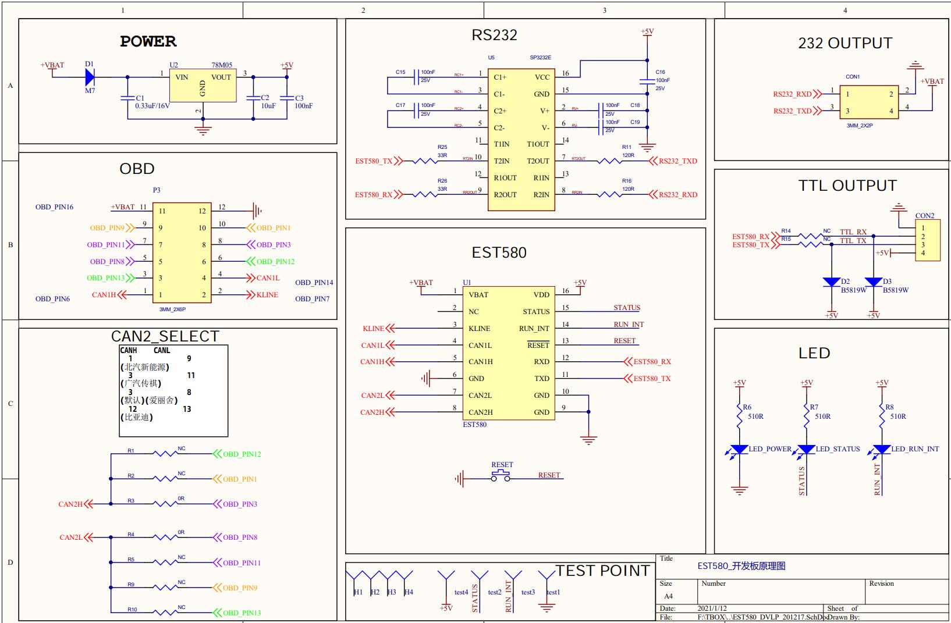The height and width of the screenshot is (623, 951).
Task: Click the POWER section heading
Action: (148, 41)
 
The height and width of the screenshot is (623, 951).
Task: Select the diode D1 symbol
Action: (90, 76)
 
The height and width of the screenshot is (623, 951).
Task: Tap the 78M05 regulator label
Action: (222, 65)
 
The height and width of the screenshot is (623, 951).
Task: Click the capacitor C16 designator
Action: (660, 72)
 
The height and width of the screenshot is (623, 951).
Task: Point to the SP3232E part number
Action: (540, 58)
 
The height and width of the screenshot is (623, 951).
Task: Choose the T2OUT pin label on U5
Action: (538, 161)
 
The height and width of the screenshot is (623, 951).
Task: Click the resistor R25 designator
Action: (442, 147)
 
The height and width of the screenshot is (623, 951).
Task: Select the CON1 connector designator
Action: (853, 77)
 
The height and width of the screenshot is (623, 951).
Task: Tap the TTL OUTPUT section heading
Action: (847, 186)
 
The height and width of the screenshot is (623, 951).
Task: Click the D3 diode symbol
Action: (874, 283)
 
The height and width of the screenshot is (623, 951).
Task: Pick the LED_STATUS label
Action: (838, 449)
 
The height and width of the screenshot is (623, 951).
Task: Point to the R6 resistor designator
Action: (747, 407)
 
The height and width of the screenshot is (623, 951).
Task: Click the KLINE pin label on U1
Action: (479, 329)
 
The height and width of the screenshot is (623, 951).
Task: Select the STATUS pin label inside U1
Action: (536, 312)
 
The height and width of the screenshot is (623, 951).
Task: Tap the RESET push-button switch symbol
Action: (501, 476)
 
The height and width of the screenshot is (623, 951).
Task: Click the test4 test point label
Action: (461, 592)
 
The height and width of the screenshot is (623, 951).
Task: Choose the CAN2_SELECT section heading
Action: (165, 337)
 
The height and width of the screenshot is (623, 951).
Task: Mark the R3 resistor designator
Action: (131, 500)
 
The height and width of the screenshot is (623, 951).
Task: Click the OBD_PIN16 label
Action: (54, 207)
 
